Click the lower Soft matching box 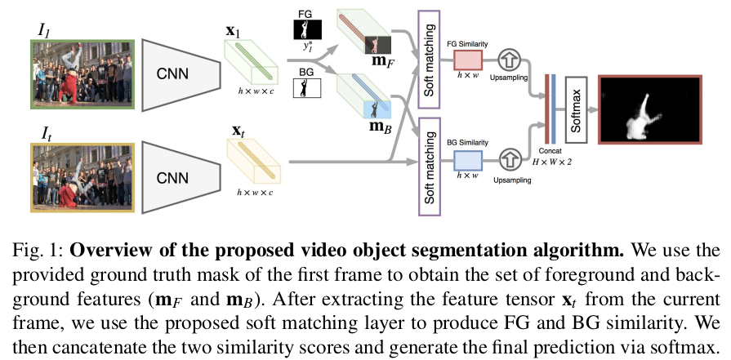point(430,171)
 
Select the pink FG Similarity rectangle point(468,60)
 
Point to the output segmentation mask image point(649,109)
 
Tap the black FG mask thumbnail point(307,29)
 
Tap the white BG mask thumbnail point(307,87)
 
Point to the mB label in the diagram point(380,128)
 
